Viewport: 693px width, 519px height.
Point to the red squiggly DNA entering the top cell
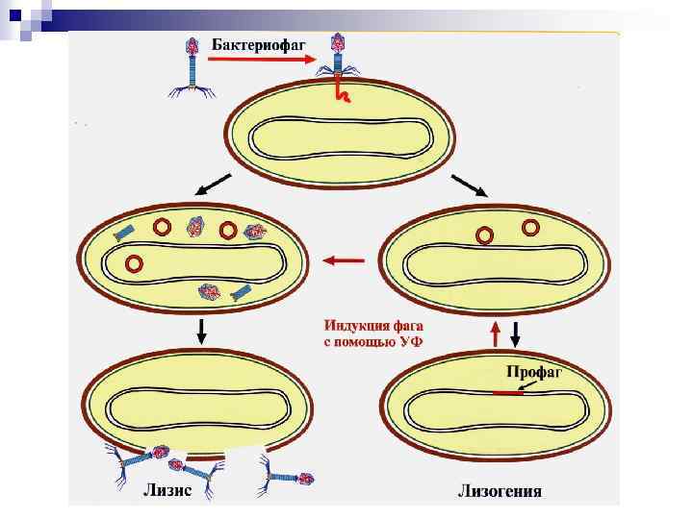pos(341,91)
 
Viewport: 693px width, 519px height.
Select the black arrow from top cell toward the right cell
pos(469,185)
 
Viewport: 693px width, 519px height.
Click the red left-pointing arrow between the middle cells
pos(344,260)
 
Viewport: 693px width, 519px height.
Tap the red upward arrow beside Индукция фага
pos(496,333)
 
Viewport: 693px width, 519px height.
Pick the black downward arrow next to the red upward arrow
pos(515,334)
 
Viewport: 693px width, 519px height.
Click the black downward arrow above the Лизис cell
pos(201,329)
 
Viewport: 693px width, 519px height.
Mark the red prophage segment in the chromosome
pos(508,393)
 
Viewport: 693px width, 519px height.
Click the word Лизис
pos(167,490)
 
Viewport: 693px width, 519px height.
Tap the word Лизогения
pos(499,491)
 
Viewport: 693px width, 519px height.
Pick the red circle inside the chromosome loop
pos(135,262)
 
